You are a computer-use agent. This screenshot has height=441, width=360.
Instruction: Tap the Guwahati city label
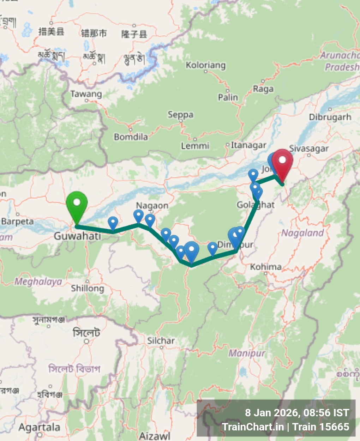pos(77,236)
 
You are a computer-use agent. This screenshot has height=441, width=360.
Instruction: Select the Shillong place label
pos(88,288)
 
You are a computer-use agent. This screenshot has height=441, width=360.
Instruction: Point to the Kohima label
pos(266,267)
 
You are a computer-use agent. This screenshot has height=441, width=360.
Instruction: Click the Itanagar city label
pos(248,145)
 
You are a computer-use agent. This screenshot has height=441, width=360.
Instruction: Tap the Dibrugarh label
pos(330,117)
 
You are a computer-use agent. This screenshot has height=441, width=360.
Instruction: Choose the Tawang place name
pos(86,94)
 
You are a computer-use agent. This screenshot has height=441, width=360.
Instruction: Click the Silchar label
pos(161,341)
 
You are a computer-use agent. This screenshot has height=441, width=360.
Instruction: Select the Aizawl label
pos(155,436)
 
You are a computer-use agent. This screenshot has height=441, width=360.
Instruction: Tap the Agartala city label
pos(39,428)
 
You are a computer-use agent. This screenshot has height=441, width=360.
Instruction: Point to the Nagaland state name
pos(302,233)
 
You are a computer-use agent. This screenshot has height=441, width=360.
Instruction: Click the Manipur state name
pos(247,353)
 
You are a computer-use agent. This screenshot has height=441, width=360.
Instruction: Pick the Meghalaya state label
pos(38,282)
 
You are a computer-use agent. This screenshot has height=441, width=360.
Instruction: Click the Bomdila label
pos(131,137)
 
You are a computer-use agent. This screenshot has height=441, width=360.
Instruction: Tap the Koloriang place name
pos(205,65)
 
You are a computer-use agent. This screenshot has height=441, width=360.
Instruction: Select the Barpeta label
pos(18,222)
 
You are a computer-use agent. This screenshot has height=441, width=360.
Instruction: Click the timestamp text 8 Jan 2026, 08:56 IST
pos(297,413)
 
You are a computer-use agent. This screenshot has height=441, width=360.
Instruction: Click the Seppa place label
pos(180,115)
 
